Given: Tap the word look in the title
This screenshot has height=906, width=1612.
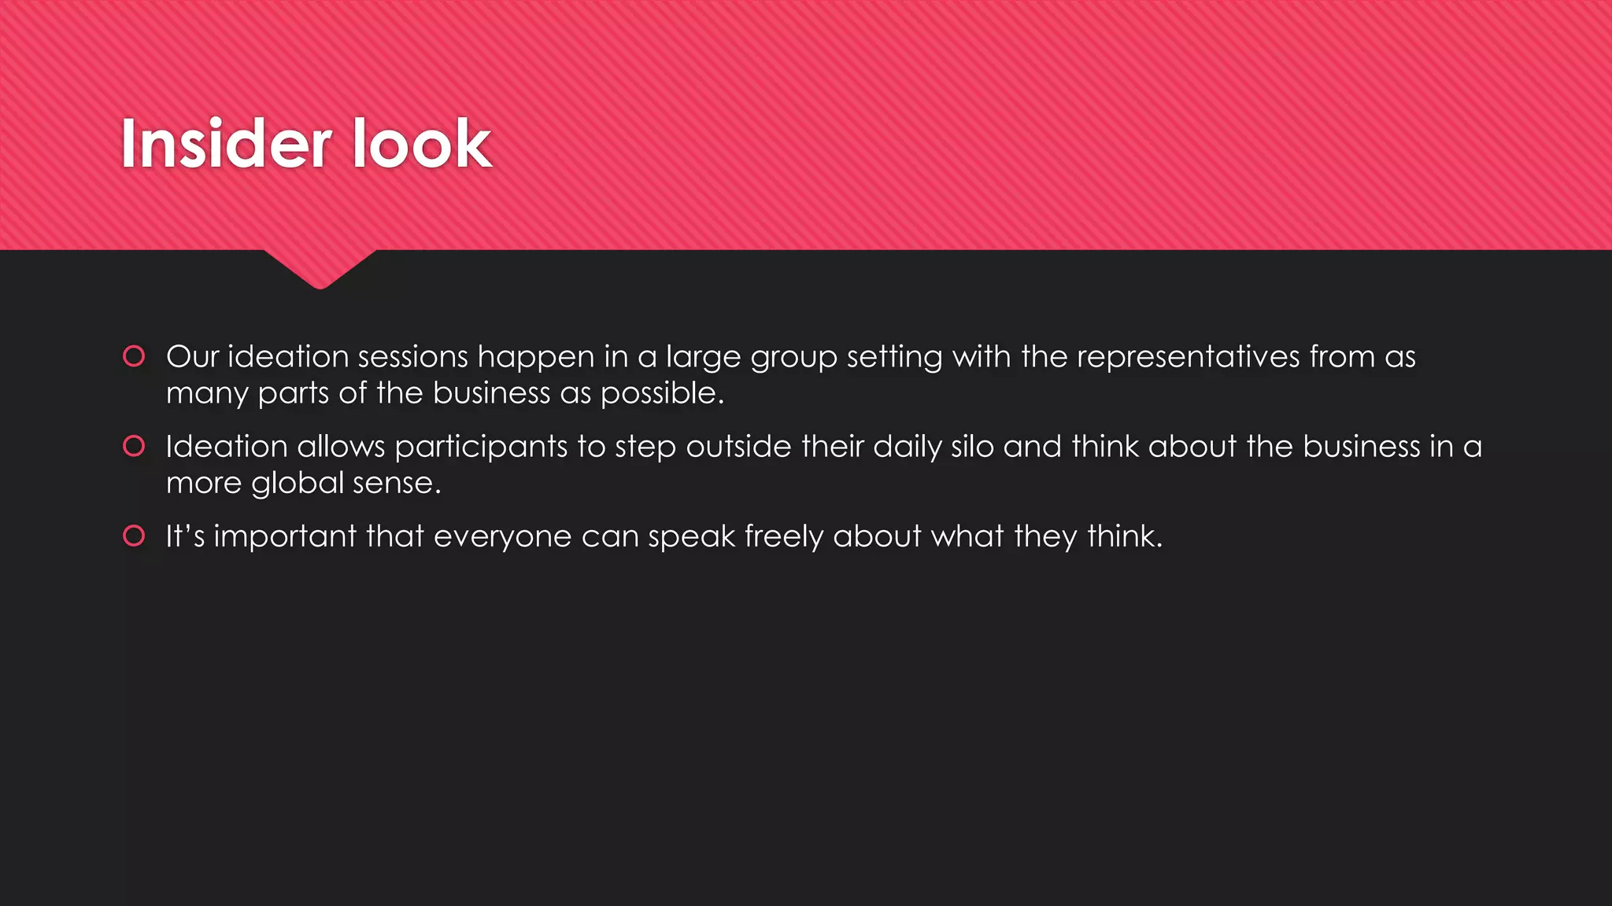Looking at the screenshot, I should [421, 144].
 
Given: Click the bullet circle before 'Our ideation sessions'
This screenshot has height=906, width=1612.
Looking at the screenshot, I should [135, 356].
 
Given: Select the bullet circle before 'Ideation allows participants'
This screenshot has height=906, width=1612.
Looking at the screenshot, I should [135, 446].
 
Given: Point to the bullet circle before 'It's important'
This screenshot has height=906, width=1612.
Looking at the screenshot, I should [135, 536].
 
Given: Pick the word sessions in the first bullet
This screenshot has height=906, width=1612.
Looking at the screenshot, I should [413, 357].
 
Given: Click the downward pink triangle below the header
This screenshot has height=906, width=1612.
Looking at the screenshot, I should [320, 267].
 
